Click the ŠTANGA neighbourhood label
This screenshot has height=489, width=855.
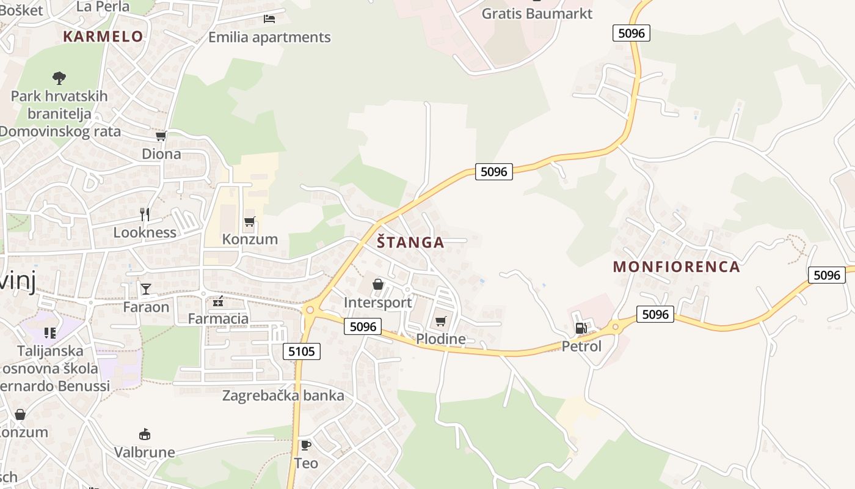tap(410, 242)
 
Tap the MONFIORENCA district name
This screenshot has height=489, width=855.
tap(676, 267)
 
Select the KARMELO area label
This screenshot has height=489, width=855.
tap(103, 36)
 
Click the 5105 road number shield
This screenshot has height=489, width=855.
tap(302, 351)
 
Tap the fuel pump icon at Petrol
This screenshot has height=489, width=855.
tap(581, 328)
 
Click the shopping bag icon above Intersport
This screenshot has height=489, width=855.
tap(378, 284)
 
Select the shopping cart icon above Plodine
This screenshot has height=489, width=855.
tap(440, 321)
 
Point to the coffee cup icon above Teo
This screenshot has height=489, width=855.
tap(305, 445)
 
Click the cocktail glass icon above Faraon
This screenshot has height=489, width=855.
tap(145, 289)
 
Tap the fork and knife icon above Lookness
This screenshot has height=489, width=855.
tap(145, 214)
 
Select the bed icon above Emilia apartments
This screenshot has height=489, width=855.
tap(269, 19)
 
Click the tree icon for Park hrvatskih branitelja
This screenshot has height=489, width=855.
tap(59, 78)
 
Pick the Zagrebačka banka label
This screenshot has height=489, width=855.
tap(283, 395)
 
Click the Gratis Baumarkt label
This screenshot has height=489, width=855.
tap(537, 13)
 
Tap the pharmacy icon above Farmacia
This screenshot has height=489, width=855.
tap(218, 301)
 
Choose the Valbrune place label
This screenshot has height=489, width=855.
tap(145, 452)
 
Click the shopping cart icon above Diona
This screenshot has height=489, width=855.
tap(161, 136)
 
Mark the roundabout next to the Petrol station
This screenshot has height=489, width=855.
tap(616, 326)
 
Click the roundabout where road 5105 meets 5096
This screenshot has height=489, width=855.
tap(310, 310)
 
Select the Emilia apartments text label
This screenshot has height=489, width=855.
tap(269, 37)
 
